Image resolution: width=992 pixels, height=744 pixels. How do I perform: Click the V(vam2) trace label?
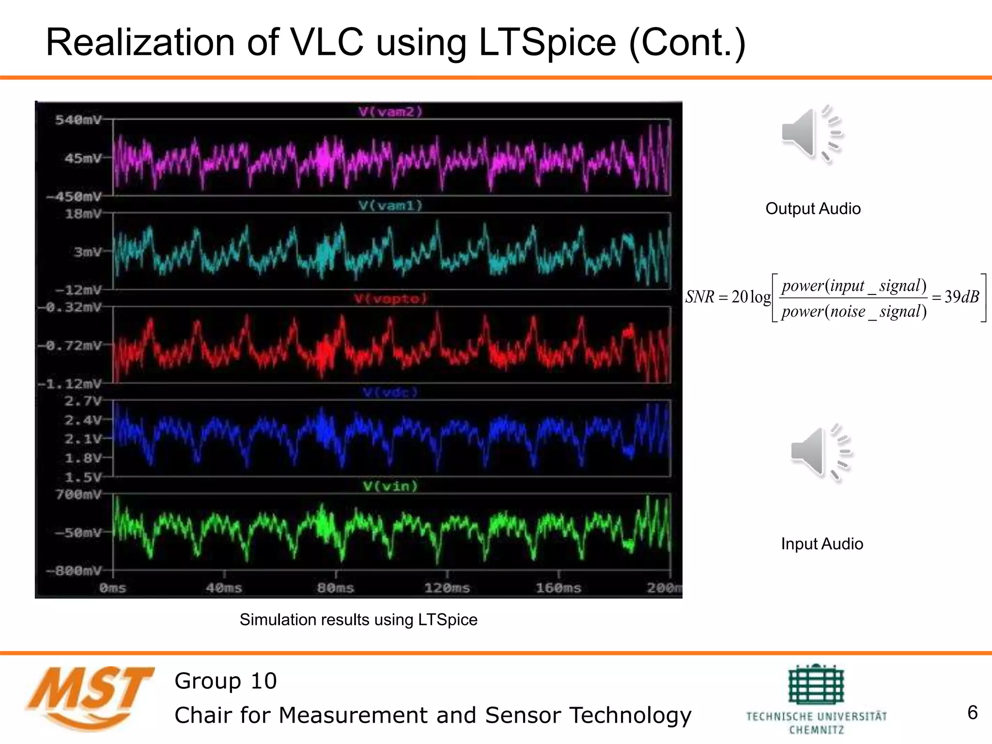tap(390, 112)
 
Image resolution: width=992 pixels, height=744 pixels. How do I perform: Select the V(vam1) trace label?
tap(390, 206)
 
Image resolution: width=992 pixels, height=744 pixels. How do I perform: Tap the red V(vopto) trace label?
tap(390, 299)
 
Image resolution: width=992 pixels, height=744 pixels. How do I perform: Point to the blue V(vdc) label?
tap(390, 392)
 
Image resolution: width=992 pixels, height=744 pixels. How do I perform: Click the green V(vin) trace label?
tap(390, 486)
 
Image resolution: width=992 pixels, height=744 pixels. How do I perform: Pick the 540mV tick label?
tap(78, 120)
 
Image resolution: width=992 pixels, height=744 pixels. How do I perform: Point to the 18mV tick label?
tap(83, 214)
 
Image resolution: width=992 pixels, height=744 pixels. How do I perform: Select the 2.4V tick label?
tap(83, 420)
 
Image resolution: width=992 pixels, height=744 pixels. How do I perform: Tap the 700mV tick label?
tap(78, 495)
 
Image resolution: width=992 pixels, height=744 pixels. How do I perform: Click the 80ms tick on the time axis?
tap(335, 588)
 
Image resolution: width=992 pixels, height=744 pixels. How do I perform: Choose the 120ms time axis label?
tap(447, 588)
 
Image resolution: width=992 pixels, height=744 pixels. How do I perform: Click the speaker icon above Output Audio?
tap(812, 134)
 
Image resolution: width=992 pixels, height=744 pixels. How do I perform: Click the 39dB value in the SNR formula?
tap(961, 296)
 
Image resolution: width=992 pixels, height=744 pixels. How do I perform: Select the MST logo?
tap(90, 697)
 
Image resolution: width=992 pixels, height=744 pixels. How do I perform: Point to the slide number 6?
tap(972, 713)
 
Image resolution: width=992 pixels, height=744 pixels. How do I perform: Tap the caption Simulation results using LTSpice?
tap(358, 620)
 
